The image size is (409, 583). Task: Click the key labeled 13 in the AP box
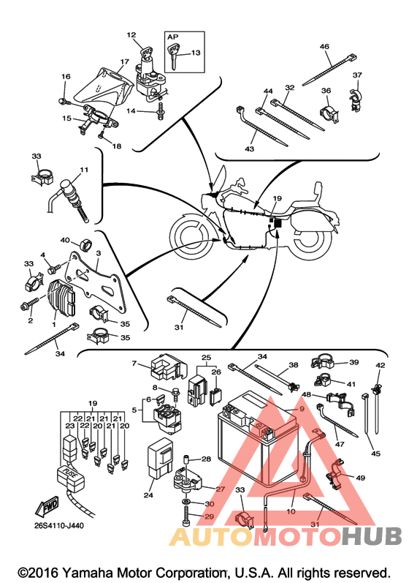[x=173, y=55]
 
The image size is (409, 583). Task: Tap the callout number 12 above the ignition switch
[x=131, y=35]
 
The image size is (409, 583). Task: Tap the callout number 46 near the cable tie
[x=324, y=47]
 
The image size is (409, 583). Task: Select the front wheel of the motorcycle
[x=192, y=236]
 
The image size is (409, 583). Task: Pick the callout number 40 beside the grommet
[x=65, y=240]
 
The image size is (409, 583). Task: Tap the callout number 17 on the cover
[x=124, y=61]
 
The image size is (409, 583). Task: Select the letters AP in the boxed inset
[x=172, y=37]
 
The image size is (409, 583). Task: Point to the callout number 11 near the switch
[x=84, y=170]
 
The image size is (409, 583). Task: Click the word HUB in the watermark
[x=372, y=536]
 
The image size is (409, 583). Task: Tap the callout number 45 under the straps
[x=375, y=454]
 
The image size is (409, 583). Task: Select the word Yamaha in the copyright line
[x=85, y=573]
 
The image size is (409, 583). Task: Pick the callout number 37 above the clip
[x=357, y=75]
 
